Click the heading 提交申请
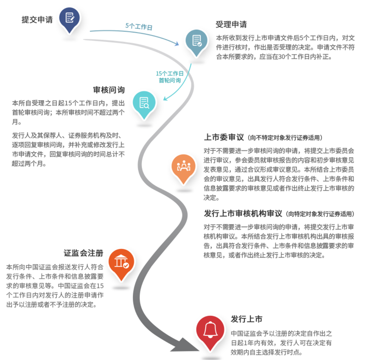click(37, 20)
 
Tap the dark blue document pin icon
click(69, 20)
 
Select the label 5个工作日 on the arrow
click(139, 26)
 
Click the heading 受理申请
click(231, 24)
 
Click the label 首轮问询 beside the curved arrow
click(170, 81)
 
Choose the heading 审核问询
click(109, 90)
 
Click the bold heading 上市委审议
click(224, 137)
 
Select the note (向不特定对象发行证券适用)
click(285, 138)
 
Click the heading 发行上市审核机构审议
click(243, 214)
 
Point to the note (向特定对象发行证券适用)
click(320, 214)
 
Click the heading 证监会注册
click(84, 253)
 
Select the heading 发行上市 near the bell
click(247, 319)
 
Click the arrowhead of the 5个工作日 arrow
click(177, 44)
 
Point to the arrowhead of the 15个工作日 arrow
click(165, 98)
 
